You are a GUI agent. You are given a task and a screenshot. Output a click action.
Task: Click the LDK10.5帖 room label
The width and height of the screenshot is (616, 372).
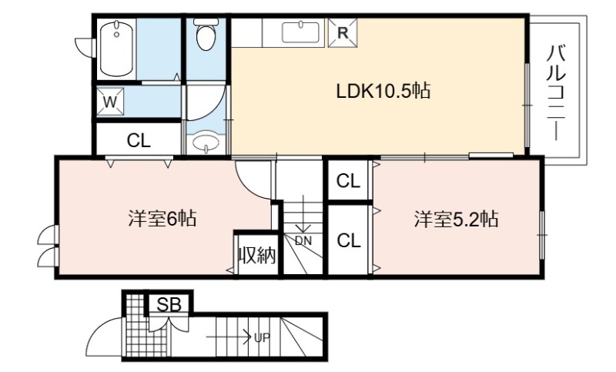click(383, 91)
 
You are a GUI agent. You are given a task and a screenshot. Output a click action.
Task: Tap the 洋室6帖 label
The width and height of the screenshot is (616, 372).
click(162, 218)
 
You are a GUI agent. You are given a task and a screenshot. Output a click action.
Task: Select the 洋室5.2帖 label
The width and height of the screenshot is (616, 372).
click(456, 219)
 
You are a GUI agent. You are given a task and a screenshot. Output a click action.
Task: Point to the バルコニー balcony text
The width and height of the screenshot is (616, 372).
click(556, 92)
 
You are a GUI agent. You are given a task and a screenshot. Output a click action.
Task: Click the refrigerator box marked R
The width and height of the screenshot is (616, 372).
click(343, 33)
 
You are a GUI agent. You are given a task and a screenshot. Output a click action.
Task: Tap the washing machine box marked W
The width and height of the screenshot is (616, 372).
click(110, 102)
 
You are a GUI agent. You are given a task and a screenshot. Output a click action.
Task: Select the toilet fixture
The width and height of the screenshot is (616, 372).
click(206, 34)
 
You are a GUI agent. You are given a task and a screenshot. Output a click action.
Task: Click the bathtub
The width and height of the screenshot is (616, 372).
click(116, 49)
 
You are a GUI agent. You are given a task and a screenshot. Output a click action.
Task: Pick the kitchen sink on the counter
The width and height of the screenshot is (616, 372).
click(300, 32)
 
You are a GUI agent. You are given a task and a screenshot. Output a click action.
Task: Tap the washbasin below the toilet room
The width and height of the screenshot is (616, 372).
click(206, 143)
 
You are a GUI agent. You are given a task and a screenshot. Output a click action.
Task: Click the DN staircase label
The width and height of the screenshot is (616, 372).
click(303, 240)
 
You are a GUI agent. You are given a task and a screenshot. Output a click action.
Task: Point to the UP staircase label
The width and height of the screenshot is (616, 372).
click(262, 337)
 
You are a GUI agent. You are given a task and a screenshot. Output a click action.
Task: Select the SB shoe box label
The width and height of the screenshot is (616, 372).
click(169, 304)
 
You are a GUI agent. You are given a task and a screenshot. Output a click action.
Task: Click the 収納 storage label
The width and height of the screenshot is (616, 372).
click(257, 256)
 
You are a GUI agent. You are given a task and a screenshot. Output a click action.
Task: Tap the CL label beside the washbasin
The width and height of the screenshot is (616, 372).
click(139, 140)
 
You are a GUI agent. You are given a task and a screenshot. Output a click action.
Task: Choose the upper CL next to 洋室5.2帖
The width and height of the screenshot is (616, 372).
click(349, 181)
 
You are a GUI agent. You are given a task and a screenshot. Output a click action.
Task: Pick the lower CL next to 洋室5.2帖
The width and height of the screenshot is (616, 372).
click(349, 240)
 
